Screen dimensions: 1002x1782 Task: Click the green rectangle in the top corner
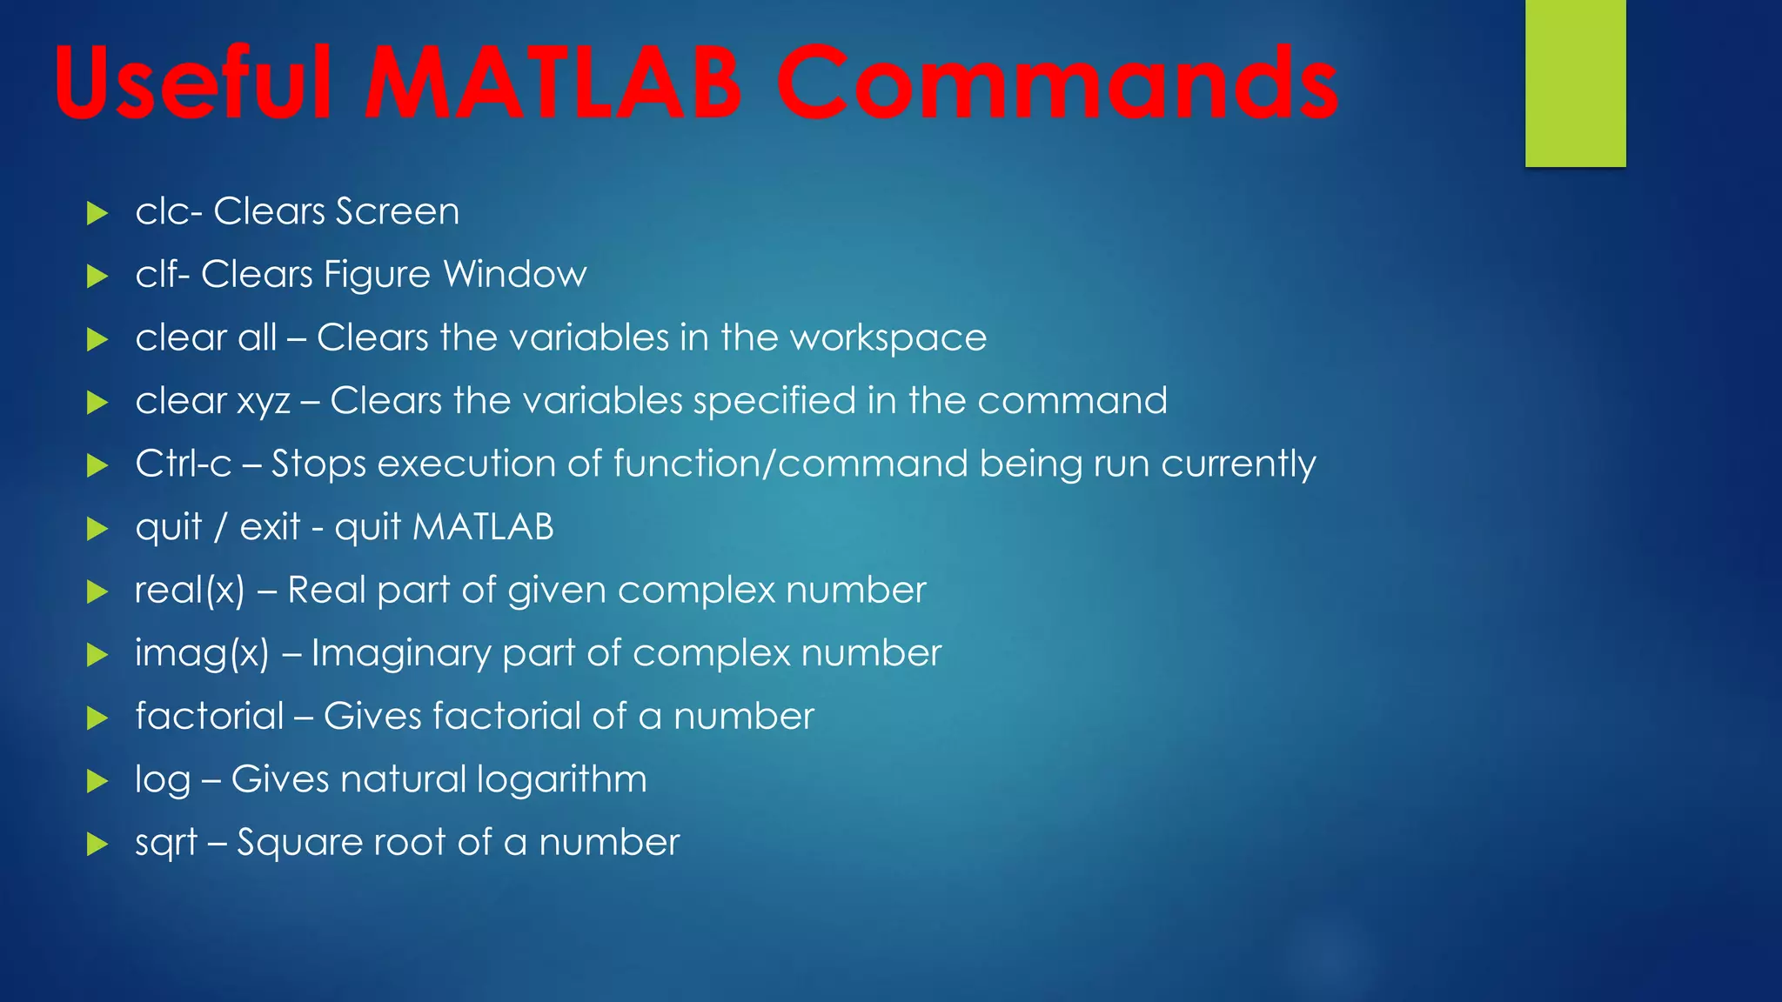pos(1575,83)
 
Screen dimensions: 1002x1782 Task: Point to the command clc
pos(163,211)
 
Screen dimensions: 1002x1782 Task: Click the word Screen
pos(398,211)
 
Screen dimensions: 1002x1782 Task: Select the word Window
pos(515,275)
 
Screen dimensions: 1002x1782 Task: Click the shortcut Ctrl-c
pos(184,464)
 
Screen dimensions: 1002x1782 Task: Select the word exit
pos(270,527)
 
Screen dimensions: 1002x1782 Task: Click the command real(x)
pos(190,591)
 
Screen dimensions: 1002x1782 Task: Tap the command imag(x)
pos(202,654)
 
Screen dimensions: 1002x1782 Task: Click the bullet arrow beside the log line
pos(97,781)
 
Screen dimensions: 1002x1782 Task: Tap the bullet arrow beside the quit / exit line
pos(97,529)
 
